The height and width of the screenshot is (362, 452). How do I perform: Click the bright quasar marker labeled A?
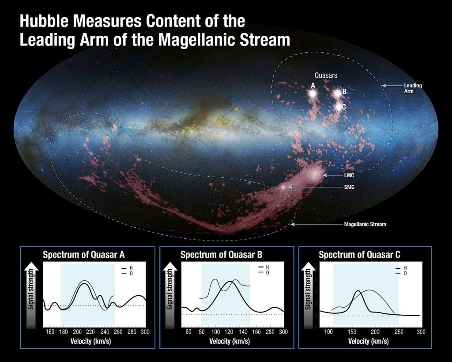click(x=313, y=94)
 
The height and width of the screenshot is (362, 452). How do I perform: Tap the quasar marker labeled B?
click(x=338, y=93)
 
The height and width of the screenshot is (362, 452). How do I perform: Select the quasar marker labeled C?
click(x=339, y=107)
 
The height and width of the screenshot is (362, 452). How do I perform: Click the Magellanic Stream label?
click(x=365, y=225)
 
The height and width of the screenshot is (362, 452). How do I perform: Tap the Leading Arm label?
click(x=413, y=88)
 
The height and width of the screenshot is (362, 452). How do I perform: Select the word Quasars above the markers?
click(x=326, y=76)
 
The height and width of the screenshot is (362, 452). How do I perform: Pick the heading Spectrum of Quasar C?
click(x=353, y=255)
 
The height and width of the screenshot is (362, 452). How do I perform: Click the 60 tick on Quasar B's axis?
click(x=188, y=332)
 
